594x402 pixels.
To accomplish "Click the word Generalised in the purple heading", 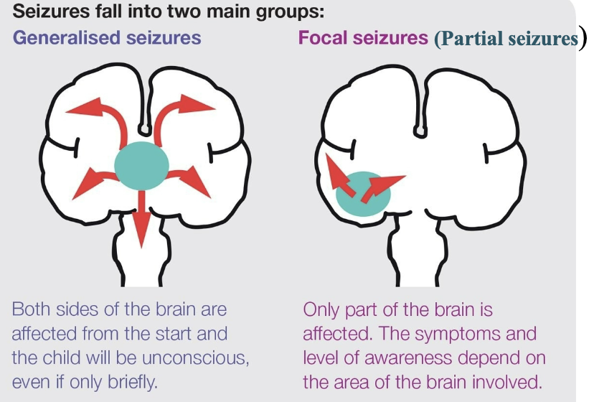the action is click(67, 38).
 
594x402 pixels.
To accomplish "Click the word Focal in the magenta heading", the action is click(323, 37).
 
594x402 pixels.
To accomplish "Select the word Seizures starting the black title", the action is click(51, 11).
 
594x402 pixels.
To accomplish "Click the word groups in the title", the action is click(289, 12).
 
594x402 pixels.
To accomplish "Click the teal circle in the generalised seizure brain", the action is click(141, 166).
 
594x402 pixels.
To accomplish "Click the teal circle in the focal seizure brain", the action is click(363, 194).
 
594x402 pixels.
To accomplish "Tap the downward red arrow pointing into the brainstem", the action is click(141, 219).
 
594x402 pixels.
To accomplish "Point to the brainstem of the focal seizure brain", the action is click(418, 251).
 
